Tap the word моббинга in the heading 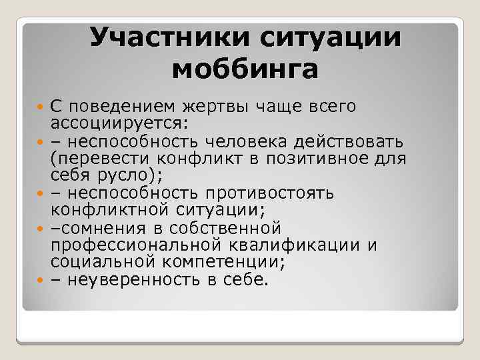tap(245, 69)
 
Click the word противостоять tap(277, 193)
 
